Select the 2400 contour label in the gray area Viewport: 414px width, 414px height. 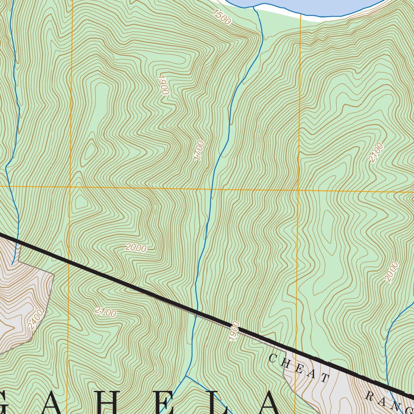point(36,319)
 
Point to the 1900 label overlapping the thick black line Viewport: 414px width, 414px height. point(234,331)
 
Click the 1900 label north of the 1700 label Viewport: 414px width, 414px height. point(163,84)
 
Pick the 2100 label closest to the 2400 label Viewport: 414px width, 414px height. point(106,312)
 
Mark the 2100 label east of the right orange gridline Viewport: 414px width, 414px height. point(376,153)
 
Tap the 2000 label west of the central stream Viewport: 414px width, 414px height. point(136,248)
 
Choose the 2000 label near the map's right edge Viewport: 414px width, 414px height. point(391,271)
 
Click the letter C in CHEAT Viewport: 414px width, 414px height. point(272,358)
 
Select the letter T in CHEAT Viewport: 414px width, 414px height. point(325,378)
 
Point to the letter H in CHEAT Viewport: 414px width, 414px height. point(286,363)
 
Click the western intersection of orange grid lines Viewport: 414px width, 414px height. point(70,187)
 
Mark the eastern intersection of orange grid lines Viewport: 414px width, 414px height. point(298,190)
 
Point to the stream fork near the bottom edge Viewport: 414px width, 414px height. point(186,376)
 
